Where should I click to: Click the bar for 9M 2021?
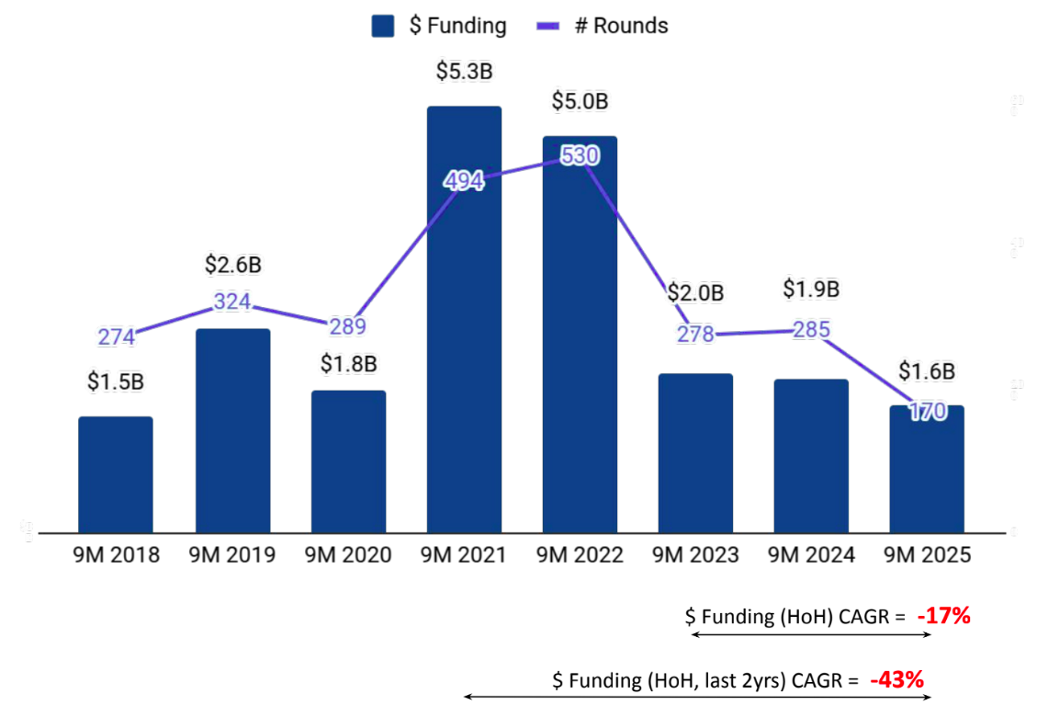pos(464,368)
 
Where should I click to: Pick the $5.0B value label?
pos(580,101)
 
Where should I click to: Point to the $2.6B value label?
pos(232,265)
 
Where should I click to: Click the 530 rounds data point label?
pos(580,155)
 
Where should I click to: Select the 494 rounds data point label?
pos(463,181)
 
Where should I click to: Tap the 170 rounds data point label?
pos(928,412)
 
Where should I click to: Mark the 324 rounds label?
pos(232,302)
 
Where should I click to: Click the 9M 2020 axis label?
pos(348,555)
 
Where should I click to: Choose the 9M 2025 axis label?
pos(928,555)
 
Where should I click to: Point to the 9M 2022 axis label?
pos(580,555)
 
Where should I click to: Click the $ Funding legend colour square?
pos(383,26)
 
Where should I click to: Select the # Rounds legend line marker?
pos(547,26)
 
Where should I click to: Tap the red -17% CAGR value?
pos(943,616)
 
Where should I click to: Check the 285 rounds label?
pos(812,329)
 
